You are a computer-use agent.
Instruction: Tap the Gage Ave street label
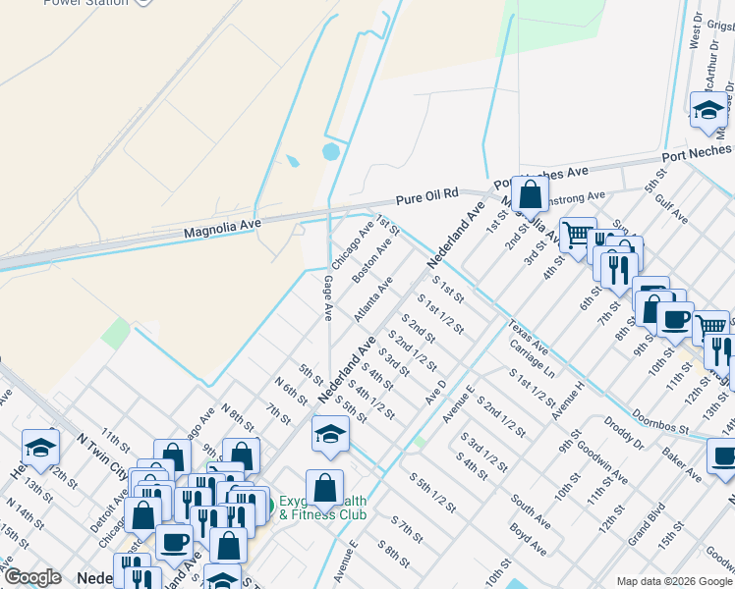coord(327,297)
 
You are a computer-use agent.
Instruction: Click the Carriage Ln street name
coord(533,360)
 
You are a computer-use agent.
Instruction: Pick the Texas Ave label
coord(527,337)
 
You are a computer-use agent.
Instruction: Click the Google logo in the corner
coord(32,577)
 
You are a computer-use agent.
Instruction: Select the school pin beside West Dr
coord(707,110)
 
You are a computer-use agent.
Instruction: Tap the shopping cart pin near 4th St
coord(578,234)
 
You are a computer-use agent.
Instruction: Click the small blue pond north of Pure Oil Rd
coord(330,152)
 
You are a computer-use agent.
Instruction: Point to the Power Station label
coord(85,3)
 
